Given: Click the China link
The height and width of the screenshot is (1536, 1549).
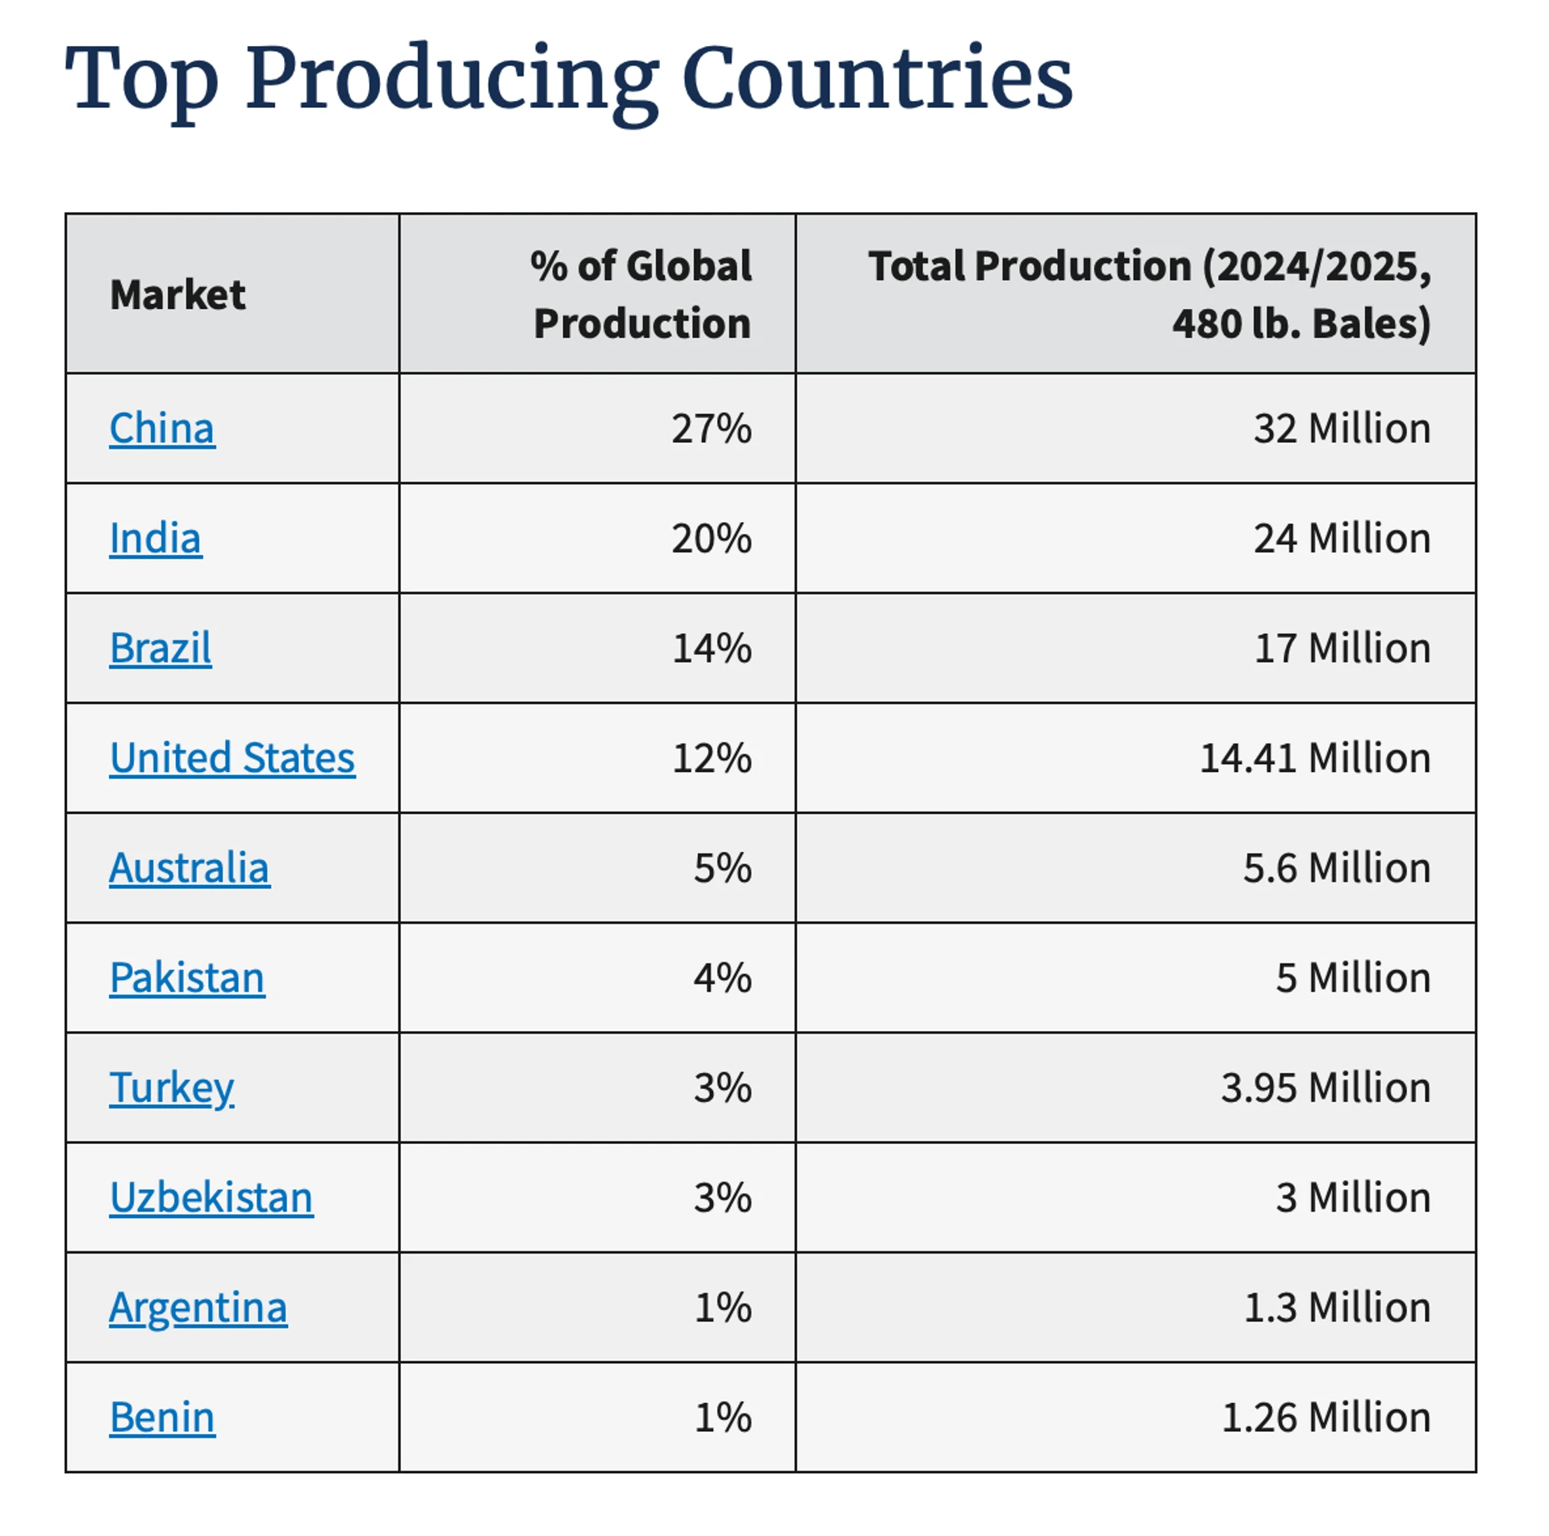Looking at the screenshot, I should point(162,428).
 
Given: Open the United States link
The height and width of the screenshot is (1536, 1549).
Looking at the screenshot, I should point(232,758).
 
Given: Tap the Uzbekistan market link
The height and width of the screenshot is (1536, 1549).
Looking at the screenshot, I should point(211,1198).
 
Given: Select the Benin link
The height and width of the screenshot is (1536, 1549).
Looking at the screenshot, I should point(162,1417).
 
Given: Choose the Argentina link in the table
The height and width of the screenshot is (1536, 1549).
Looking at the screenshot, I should point(198,1308).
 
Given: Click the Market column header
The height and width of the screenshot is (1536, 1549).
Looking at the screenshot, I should point(177,294).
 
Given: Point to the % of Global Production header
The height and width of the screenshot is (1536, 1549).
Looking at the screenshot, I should point(641,294).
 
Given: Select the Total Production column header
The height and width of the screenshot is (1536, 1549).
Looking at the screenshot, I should point(1149,294).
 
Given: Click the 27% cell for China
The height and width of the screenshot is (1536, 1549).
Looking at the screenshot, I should point(712,428).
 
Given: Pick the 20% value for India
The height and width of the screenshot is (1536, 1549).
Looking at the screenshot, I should point(712,539).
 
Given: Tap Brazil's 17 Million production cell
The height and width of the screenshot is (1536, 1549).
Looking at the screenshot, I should point(1342,649).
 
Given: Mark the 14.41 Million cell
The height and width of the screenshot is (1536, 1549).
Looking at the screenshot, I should point(1315,758).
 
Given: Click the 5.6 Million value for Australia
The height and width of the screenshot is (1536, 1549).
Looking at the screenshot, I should point(1337,869).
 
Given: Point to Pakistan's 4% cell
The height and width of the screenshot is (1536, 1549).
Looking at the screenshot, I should point(723,979).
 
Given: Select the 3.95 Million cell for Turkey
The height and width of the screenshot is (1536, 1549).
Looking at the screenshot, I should point(1326,1088).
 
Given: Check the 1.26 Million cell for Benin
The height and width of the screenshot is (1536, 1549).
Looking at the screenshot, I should point(1326,1417).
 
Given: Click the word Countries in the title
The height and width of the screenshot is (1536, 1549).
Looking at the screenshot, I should point(877,78).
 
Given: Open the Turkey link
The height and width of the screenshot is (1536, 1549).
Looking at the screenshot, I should point(172,1088).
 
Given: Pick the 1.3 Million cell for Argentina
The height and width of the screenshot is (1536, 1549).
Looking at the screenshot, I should point(1337,1308).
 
